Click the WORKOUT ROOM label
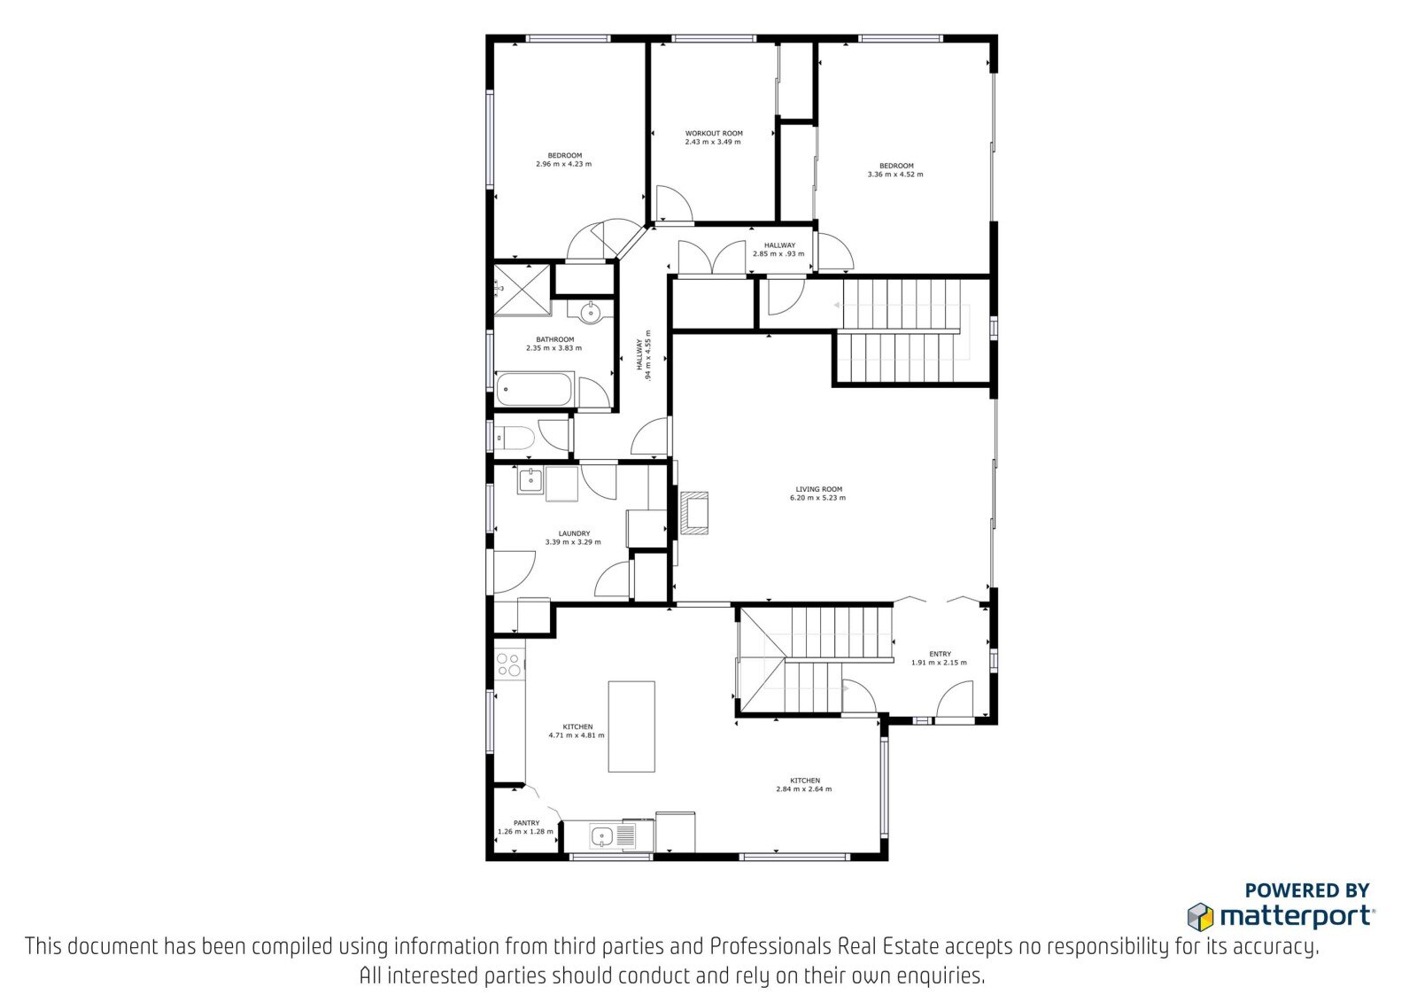tap(714, 134)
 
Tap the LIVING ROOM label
tap(818, 489)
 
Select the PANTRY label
tap(526, 823)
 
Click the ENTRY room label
tap(940, 654)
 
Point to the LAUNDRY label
tap(574, 533)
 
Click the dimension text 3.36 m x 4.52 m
tap(895, 174)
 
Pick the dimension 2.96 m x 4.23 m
tap(563, 164)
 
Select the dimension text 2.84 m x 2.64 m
tap(804, 788)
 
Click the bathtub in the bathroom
tap(535, 389)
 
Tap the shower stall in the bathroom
tap(523, 290)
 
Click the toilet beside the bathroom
tap(515, 438)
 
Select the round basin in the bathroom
tap(590, 312)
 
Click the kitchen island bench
tap(631, 726)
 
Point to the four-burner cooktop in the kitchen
tap(509, 664)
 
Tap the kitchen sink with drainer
tap(613, 835)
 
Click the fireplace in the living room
tap(694, 513)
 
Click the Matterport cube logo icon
tap(1200, 917)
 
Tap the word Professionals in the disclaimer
tap(770, 946)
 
